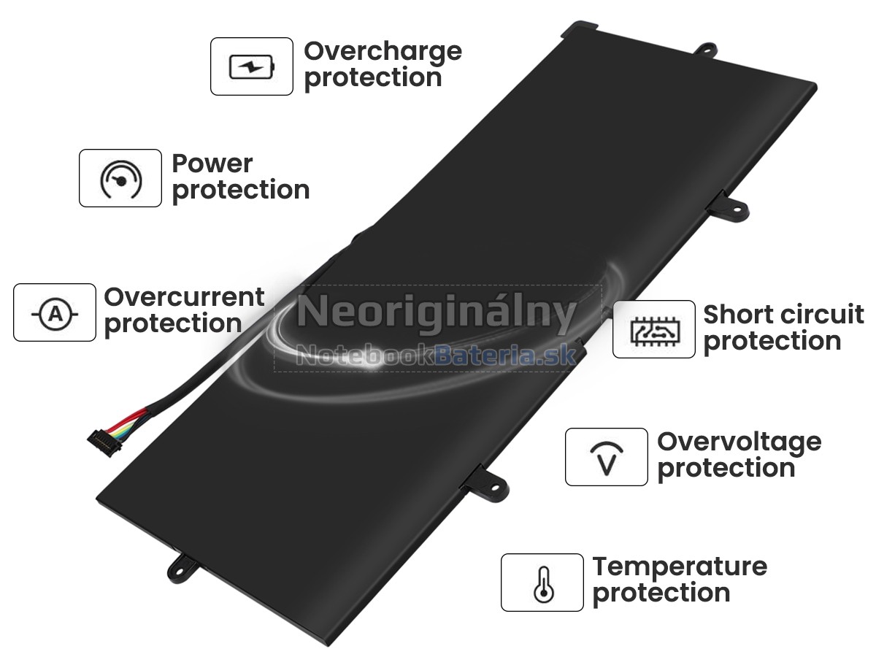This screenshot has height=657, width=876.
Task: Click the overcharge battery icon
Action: tap(252, 66)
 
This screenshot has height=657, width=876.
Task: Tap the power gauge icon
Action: tap(120, 179)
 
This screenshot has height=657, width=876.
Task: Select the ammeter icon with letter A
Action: tap(55, 314)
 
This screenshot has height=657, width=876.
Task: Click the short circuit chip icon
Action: tap(654, 331)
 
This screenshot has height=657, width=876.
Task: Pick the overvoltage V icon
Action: tap(606, 458)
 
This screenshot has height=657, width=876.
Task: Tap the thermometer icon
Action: tap(544, 584)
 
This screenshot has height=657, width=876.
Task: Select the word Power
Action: tap(212, 164)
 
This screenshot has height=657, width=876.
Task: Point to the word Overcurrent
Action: tap(185, 297)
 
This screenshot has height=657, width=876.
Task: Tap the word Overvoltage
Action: tap(739, 444)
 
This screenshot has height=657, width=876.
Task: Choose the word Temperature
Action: tap(680, 568)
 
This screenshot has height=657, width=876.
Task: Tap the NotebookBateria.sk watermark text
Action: tap(437, 355)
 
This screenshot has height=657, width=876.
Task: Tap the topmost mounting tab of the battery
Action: tap(706, 51)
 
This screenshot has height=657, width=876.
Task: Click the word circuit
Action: tap(819, 315)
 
